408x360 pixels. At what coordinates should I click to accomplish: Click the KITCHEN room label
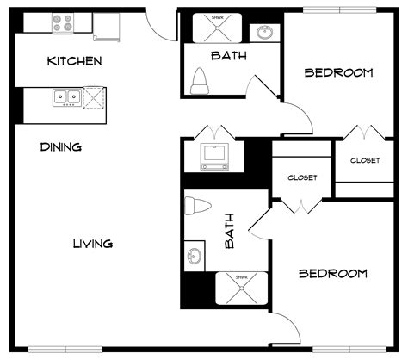click(x=75, y=61)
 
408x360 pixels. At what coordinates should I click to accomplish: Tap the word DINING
click(x=60, y=147)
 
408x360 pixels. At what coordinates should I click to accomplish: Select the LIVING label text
click(x=92, y=244)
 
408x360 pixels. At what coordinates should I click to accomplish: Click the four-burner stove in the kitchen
click(x=63, y=22)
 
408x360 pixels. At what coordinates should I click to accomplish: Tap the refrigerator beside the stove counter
click(x=108, y=28)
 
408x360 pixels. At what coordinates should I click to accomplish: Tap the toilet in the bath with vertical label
click(x=198, y=207)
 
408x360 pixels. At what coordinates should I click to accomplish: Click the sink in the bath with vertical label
click(x=195, y=256)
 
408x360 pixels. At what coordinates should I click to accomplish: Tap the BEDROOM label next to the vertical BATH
click(x=332, y=274)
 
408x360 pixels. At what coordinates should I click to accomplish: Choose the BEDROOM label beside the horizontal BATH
click(x=338, y=72)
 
